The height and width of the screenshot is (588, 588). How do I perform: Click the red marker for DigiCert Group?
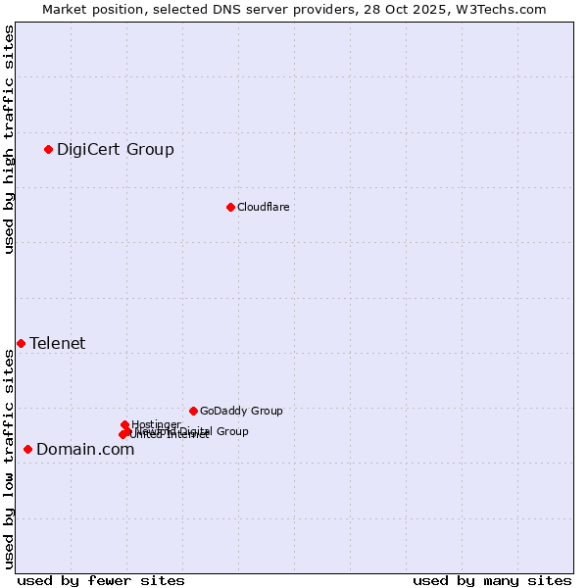click(x=48, y=149)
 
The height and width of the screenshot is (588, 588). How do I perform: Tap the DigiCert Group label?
click(x=116, y=150)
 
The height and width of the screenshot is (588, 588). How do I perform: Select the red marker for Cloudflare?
click(x=230, y=207)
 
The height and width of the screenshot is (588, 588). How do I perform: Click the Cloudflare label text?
click(x=263, y=207)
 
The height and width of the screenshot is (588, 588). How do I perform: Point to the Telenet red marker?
click(x=21, y=343)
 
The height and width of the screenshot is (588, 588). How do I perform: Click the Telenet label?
click(x=57, y=343)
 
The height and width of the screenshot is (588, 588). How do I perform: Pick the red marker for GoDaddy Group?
click(x=193, y=411)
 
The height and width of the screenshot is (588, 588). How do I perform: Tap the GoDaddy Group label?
click(x=241, y=412)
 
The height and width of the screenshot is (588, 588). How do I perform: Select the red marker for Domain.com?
click(x=27, y=449)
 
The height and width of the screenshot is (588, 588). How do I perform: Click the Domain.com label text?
click(x=85, y=450)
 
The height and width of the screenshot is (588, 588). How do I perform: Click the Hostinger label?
click(x=156, y=424)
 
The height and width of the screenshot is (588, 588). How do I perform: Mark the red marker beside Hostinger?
click(x=124, y=424)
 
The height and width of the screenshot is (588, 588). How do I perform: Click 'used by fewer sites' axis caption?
click(x=101, y=580)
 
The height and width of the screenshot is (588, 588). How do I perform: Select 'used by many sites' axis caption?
click(x=492, y=580)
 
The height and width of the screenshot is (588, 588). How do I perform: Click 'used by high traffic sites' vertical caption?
click(x=10, y=139)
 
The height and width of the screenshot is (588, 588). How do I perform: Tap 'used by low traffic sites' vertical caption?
click(x=10, y=459)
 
